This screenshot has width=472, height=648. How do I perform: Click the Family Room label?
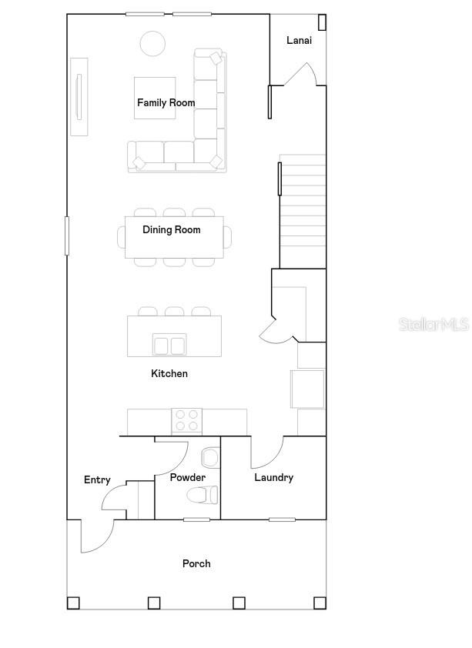[x=166, y=102]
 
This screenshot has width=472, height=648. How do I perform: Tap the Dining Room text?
[x=172, y=230]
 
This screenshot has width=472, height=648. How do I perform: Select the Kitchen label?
[x=169, y=373]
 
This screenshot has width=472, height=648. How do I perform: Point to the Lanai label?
[x=299, y=40]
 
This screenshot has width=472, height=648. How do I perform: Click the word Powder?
[x=188, y=477]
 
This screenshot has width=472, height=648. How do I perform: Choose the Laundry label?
[x=273, y=478]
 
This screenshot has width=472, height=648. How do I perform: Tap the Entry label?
[x=97, y=479]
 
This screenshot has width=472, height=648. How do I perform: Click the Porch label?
[x=196, y=563]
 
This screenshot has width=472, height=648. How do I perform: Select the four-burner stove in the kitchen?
[x=187, y=421]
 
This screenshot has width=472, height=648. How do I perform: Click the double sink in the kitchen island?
[x=169, y=344]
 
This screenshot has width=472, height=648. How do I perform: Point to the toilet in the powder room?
[x=203, y=495]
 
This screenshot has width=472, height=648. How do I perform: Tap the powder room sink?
[x=210, y=457]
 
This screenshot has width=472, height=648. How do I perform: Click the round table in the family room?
[x=152, y=43]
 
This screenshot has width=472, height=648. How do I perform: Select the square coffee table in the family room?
[x=155, y=98]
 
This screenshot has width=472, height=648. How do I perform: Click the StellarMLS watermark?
[x=434, y=325]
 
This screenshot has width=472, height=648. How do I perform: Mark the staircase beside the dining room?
[x=303, y=211]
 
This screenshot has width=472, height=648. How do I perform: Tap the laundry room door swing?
[x=267, y=452]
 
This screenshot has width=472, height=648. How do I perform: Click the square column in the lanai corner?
[x=322, y=22]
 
